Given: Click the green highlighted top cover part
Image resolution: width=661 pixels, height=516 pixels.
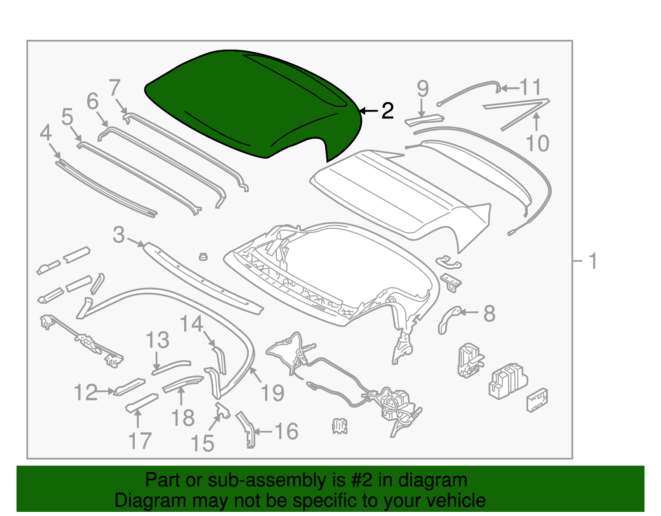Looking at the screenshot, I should click(252, 103).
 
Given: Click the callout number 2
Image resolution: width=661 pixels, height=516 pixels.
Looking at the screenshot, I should click(387, 111).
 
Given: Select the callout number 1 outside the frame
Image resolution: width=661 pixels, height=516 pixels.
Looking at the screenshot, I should click(592, 261).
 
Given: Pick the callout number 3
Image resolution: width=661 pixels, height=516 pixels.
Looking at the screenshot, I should click(119, 235).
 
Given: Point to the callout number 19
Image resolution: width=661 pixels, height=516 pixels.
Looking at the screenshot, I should click(272, 392).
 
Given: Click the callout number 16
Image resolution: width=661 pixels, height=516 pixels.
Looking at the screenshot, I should click(286, 431).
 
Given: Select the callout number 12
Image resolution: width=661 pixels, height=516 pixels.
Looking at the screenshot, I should click(86, 392).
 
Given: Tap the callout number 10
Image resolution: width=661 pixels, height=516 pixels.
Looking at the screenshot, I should click(537, 143).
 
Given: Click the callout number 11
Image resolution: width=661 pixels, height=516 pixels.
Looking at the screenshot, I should click(530, 88).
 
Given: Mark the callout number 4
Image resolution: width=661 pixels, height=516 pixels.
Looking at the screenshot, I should click(46, 133).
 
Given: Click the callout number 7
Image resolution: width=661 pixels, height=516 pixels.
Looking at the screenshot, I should click(114, 88).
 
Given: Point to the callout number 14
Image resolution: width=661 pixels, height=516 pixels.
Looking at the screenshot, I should click(192, 324).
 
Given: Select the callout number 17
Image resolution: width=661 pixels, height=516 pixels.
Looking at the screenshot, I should click(140, 441).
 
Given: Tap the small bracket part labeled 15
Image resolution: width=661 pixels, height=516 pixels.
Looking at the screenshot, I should click(223, 411).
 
